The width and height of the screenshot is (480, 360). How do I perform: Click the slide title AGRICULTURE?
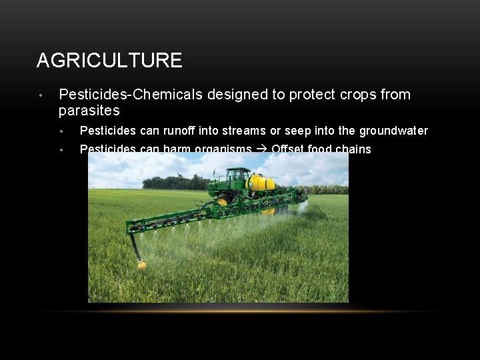[x=109, y=61]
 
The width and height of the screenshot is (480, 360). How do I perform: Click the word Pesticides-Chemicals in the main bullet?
[x=131, y=95]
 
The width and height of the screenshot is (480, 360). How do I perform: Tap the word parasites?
[x=89, y=110]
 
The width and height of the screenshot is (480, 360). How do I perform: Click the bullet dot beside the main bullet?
[x=41, y=95]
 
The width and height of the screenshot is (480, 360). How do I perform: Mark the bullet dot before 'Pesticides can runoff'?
[x=61, y=131]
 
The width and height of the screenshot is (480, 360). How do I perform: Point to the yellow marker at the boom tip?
[x=141, y=265]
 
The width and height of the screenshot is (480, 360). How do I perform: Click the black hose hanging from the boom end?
[x=135, y=249]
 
